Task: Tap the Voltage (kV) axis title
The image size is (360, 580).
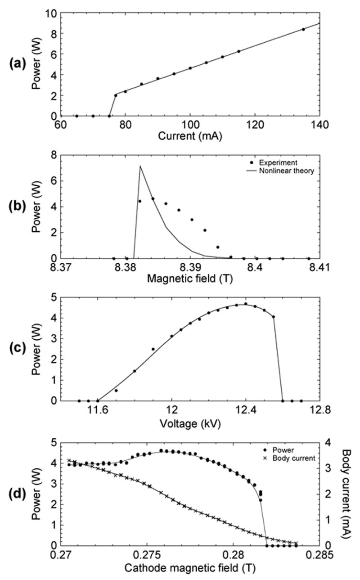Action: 191,423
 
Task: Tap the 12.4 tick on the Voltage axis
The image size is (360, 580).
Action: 245,410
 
